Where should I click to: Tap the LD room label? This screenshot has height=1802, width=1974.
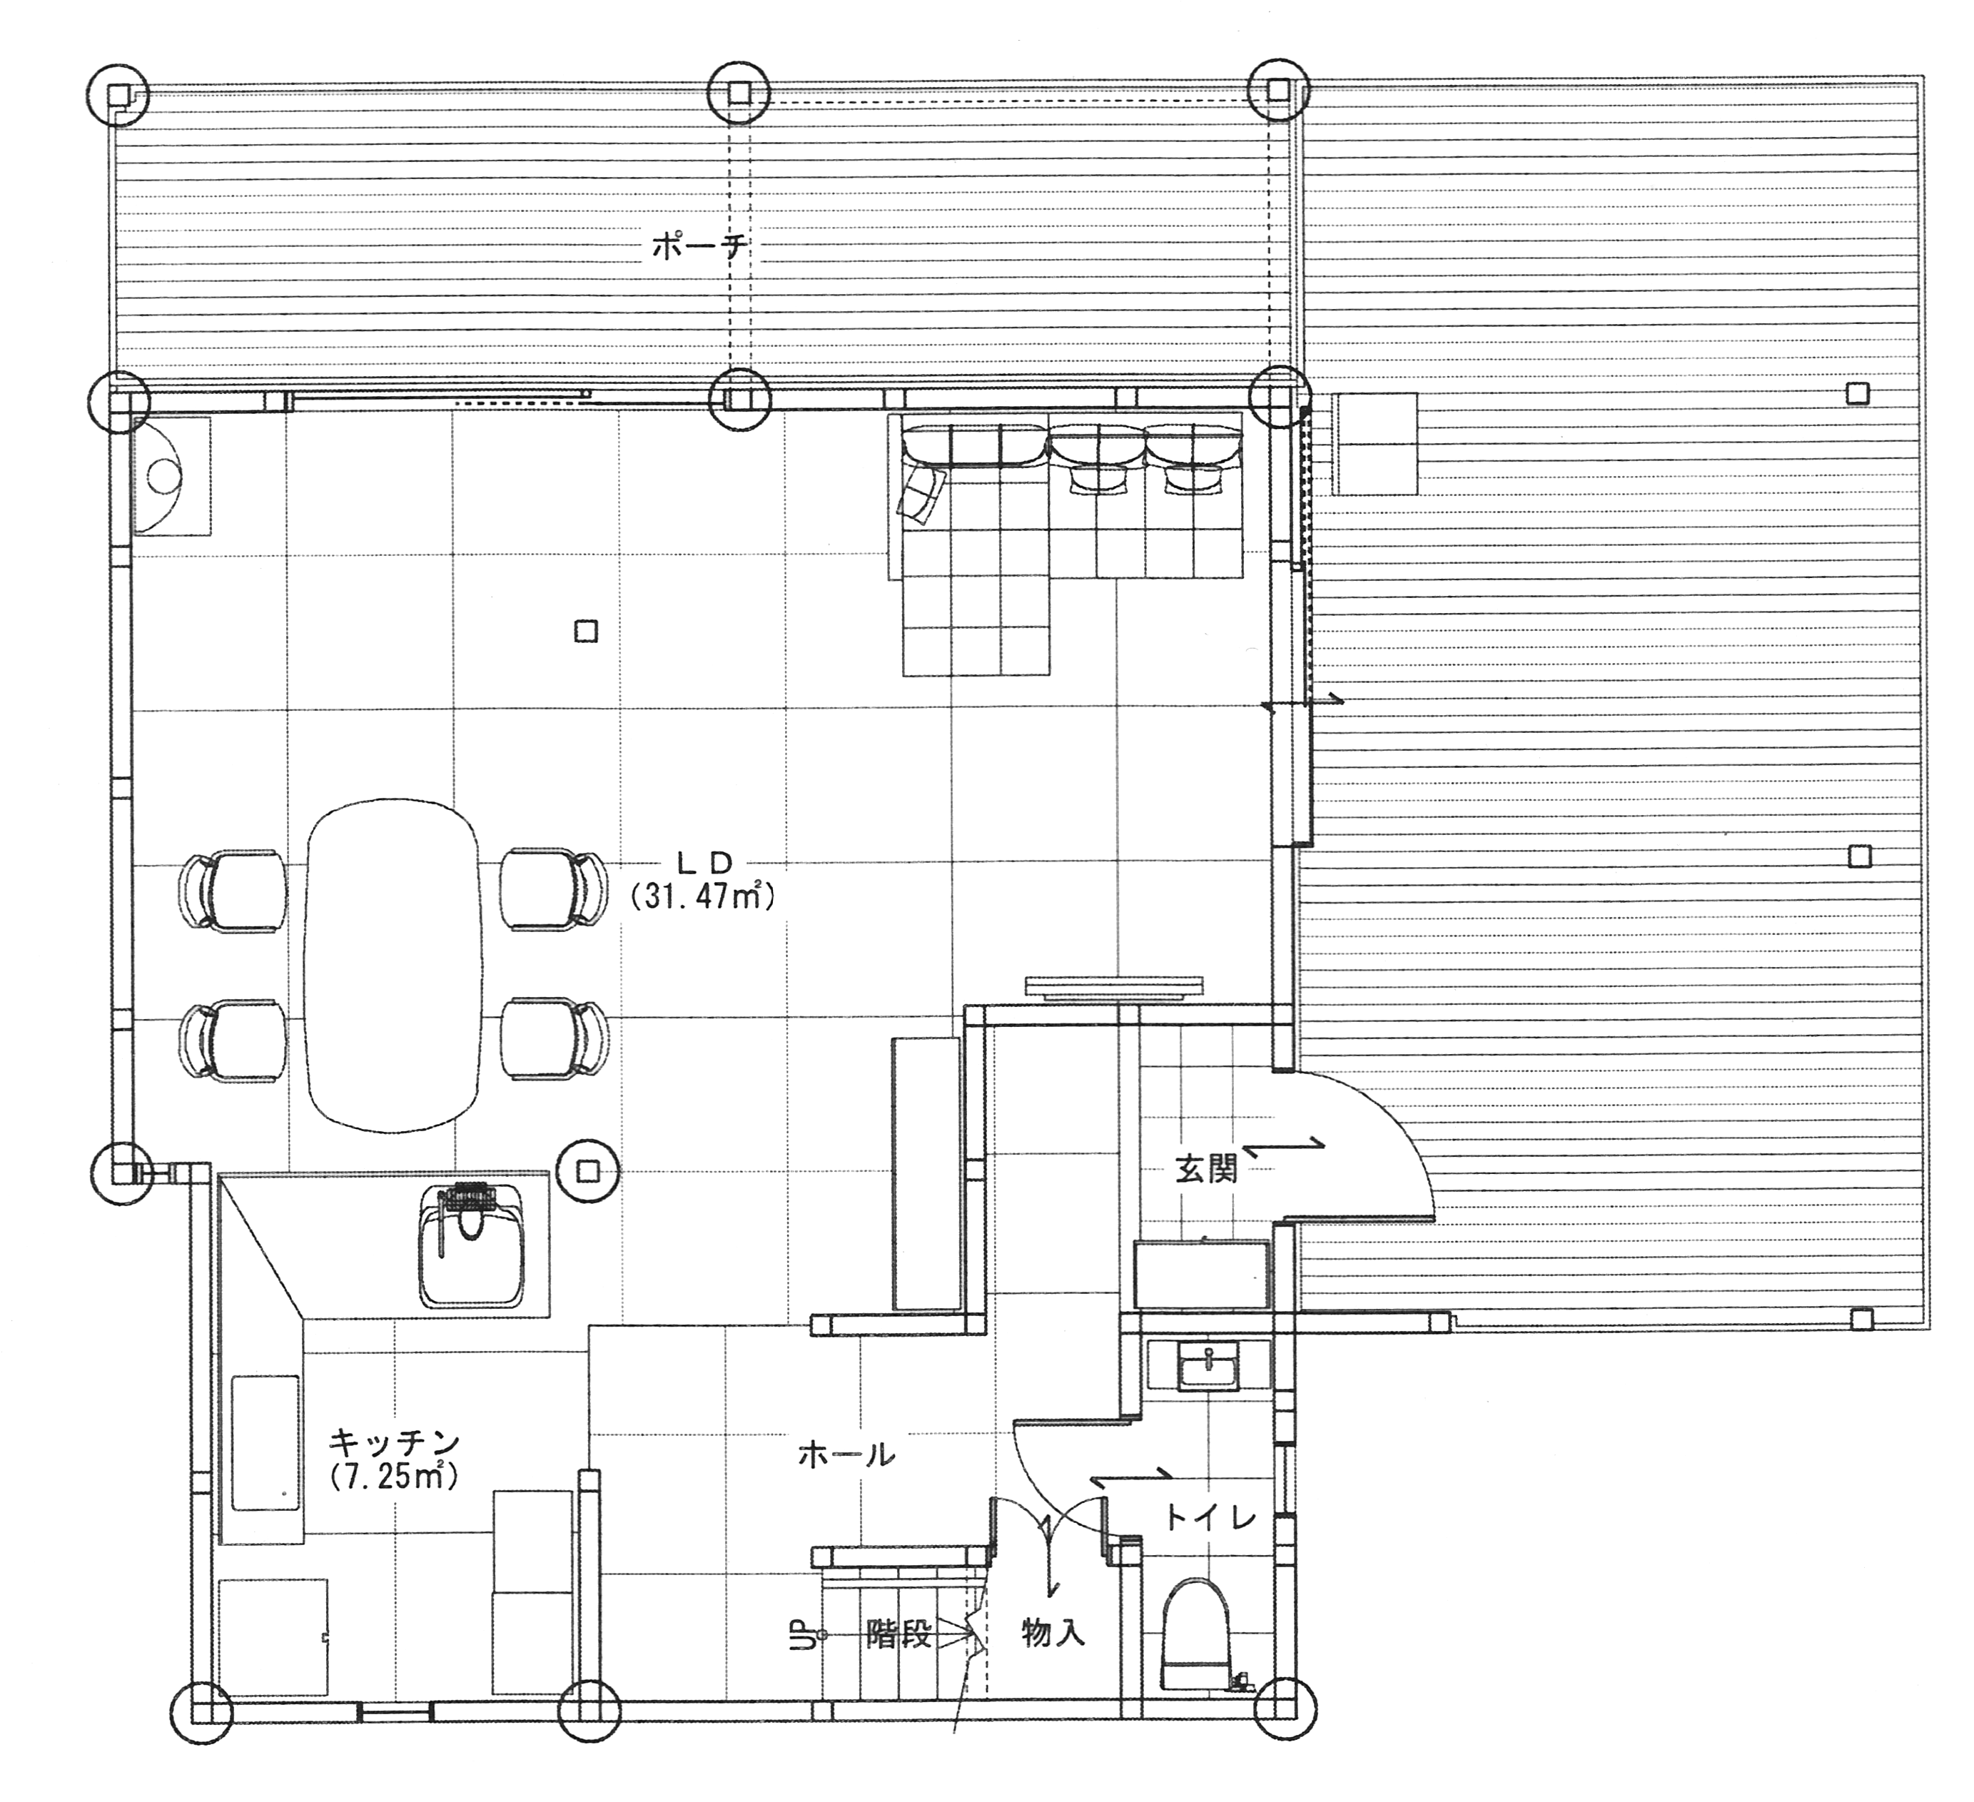pos(705,862)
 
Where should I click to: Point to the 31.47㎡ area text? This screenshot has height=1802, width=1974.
pos(703,896)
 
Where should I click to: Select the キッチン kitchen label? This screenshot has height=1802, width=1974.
pos(395,1442)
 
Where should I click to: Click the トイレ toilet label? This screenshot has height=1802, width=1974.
pos(1210,1518)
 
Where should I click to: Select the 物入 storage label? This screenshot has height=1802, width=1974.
pos(1053,1631)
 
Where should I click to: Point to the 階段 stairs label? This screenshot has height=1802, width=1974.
pos(899,1633)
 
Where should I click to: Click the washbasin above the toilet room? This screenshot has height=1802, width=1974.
pos(1210,1365)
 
